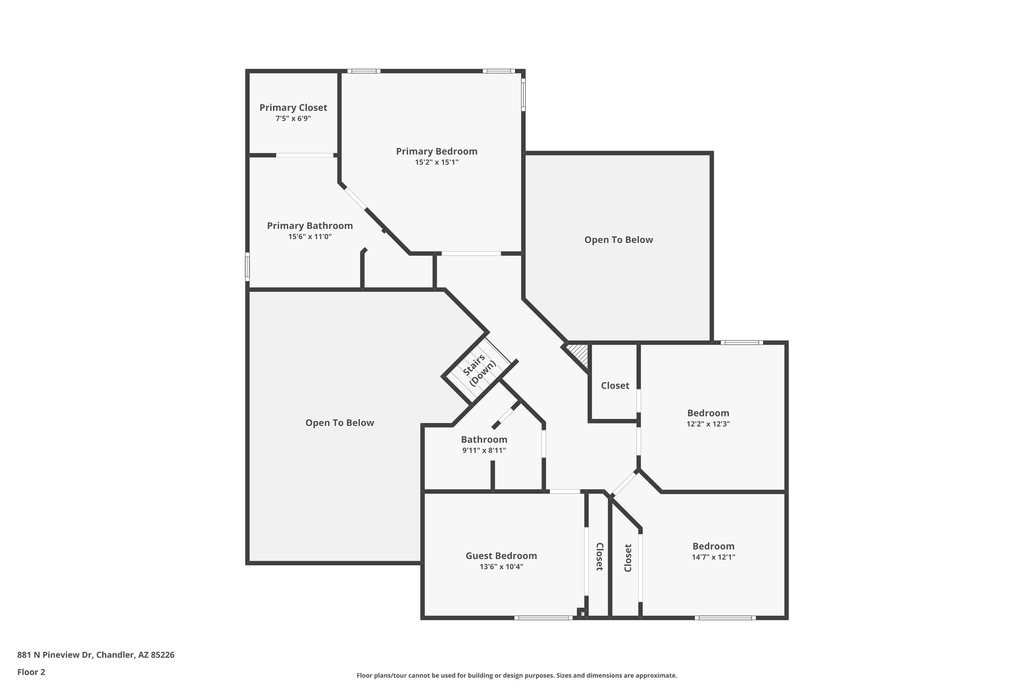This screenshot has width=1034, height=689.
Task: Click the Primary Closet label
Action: [293, 108]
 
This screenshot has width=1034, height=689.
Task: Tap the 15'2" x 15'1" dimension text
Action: [437, 163]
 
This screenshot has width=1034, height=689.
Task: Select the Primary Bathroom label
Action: [309, 226]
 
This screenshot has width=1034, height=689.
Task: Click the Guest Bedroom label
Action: [501, 556]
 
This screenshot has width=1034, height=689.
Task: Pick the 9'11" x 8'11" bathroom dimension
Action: [484, 450]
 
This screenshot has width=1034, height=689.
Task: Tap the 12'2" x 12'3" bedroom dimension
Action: [708, 424]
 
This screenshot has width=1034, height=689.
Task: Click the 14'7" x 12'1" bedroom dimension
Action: [713, 557]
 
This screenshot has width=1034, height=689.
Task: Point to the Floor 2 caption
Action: [31, 672]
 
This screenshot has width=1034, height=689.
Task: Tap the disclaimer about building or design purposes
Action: [516, 675]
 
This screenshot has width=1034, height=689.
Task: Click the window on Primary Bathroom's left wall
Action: [247, 267]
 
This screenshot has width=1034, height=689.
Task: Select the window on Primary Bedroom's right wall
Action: [523, 94]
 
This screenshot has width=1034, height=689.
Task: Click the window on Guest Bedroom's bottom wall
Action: [543, 617]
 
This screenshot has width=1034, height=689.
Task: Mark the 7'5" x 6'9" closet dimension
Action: [293, 119]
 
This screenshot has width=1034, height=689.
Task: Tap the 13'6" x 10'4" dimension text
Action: [501, 567]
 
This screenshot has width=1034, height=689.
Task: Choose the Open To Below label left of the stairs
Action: [339, 423]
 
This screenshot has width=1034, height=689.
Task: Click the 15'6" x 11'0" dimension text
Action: [309, 237]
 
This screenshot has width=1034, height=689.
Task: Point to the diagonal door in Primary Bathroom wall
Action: [355, 198]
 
